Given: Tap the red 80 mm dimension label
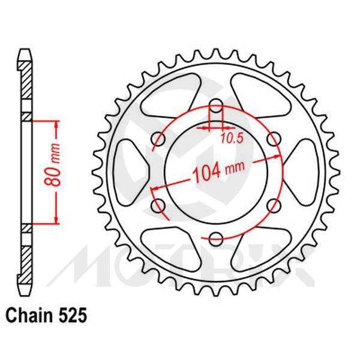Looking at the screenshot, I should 55,171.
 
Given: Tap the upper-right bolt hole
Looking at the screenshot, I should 273,140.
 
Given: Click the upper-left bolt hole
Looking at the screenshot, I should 159,140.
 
